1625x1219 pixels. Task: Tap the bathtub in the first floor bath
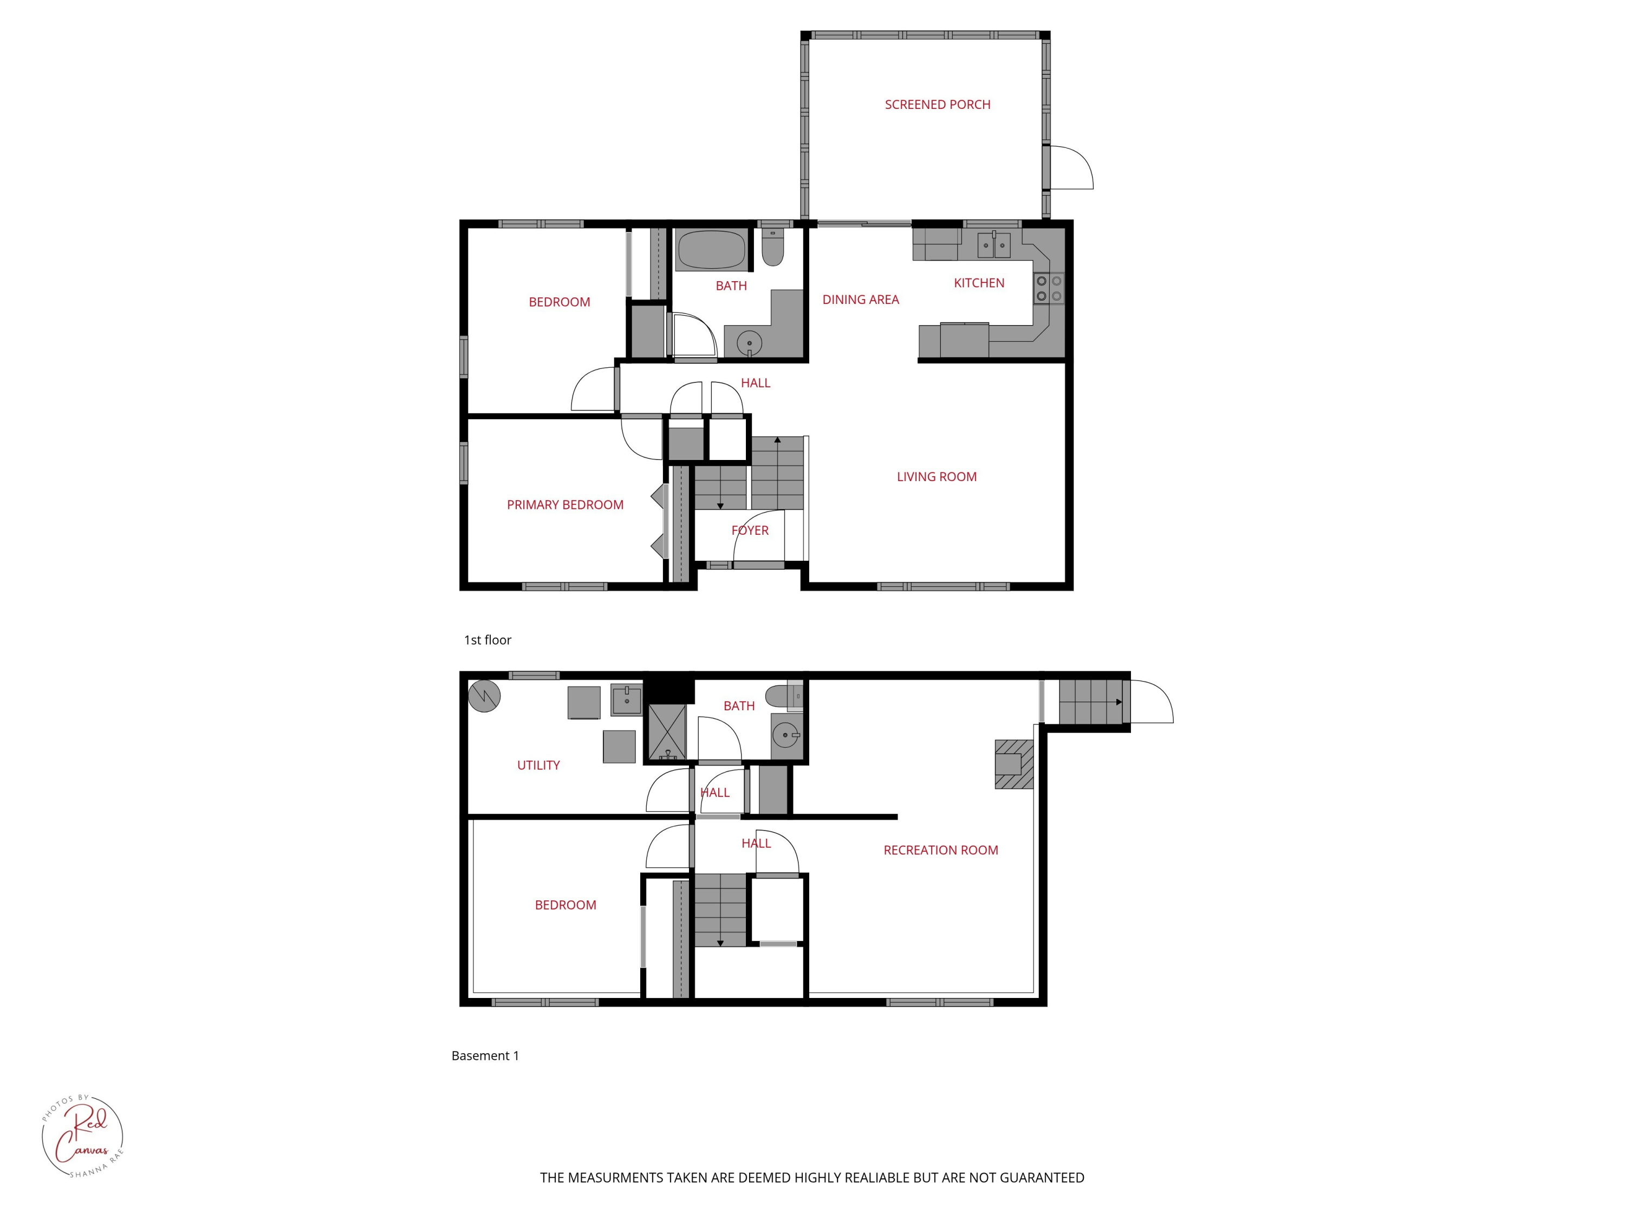710,250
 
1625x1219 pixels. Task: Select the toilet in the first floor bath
772,248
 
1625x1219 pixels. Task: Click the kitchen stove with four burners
1048,288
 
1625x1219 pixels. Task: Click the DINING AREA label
860,300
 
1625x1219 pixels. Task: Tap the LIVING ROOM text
936,477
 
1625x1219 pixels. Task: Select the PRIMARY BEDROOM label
565,505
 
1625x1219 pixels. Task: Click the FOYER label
749,530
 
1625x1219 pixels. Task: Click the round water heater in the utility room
485,695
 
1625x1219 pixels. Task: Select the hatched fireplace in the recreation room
1014,764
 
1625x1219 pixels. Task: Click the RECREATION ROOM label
940,850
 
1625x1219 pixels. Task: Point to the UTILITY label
538,765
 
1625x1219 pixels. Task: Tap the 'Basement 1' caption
485,1056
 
